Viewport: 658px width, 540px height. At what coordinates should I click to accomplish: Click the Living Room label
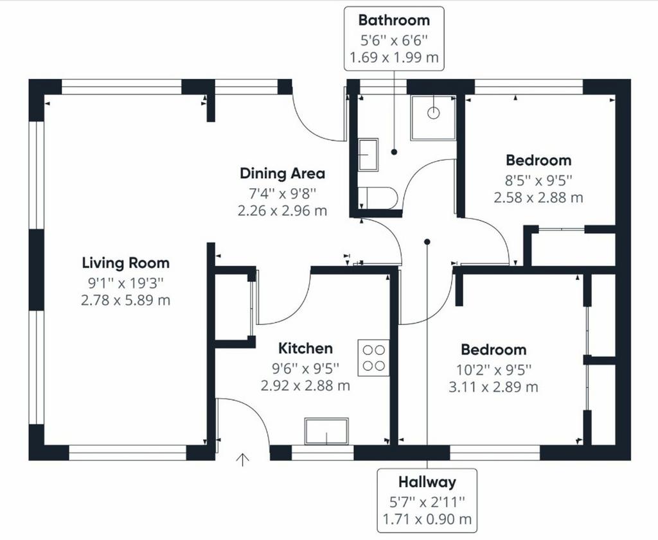coord(125,263)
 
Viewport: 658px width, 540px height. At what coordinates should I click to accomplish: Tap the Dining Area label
coord(283,173)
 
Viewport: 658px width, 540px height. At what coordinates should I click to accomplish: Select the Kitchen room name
coord(305,348)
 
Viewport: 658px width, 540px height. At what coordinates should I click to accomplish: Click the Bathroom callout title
coord(394,20)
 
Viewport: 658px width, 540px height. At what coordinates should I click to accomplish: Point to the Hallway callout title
coord(427,482)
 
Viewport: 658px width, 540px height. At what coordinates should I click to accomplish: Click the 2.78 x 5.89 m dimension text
coord(125,300)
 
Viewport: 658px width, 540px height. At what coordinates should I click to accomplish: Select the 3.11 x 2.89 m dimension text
coord(493,387)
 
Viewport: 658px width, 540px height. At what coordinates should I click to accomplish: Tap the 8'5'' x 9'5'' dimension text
coord(539,180)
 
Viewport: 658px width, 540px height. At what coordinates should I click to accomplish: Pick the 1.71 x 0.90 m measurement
coord(427,519)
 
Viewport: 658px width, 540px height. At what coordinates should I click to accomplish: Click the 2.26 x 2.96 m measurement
coord(283,210)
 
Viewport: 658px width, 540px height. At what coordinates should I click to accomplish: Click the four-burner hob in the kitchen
coord(373,358)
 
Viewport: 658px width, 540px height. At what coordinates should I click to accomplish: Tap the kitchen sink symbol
coord(326,431)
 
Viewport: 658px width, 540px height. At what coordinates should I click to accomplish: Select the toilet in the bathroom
coord(378,198)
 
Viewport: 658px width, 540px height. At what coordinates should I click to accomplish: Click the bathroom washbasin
coord(368,154)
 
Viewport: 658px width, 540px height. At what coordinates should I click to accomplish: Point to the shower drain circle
coord(434,113)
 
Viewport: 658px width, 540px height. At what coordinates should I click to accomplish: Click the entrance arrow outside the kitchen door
coord(242,460)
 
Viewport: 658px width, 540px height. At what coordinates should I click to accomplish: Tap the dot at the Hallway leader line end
coord(427,242)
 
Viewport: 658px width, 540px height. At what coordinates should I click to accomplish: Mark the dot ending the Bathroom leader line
coord(394,152)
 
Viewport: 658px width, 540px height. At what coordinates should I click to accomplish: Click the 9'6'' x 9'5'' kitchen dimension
coord(305,368)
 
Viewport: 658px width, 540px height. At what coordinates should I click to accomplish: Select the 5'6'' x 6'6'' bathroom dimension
coord(394,40)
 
